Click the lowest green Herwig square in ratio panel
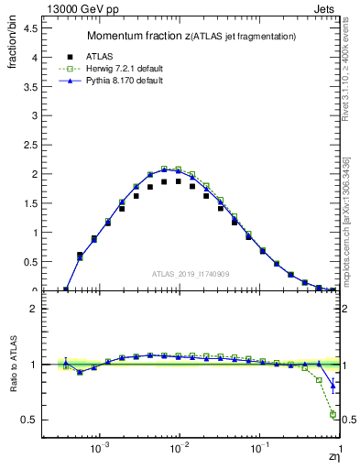[333, 414]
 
